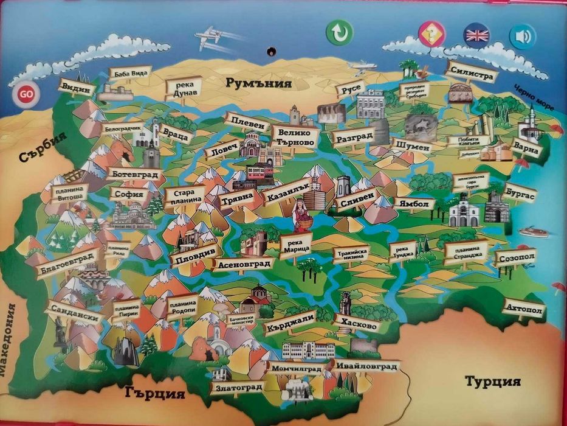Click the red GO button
click(26, 94)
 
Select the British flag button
click(476, 35)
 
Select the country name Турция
click(492, 382)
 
